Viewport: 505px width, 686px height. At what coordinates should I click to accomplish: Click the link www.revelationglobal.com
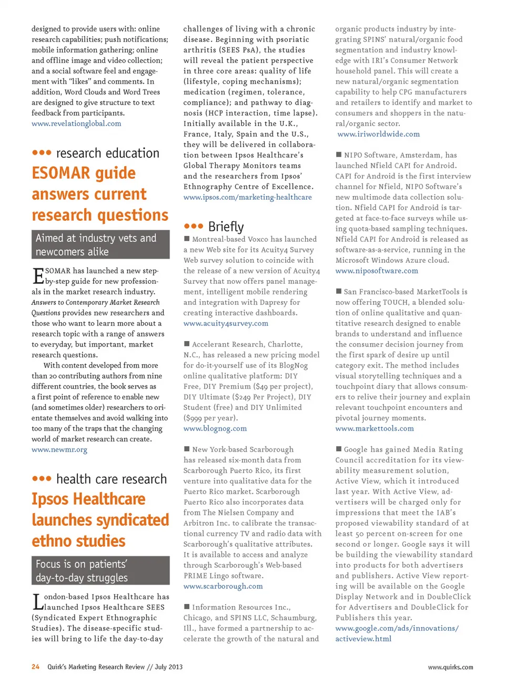click(x=76, y=124)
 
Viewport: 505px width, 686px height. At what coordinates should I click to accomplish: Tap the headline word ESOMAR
click(x=62, y=173)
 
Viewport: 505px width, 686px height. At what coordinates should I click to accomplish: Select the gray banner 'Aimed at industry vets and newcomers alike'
click(x=100, y=244)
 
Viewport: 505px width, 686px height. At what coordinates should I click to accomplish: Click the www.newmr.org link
click(x=59, y=449)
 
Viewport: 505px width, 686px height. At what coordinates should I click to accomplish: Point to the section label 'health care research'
click(x=111, y=479)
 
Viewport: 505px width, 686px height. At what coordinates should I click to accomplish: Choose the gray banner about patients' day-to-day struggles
click(x=100, y=570)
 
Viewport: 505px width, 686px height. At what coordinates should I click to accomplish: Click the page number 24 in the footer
click(x=35, y=667)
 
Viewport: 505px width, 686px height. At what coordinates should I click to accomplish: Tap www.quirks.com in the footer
click(x=450, y=667)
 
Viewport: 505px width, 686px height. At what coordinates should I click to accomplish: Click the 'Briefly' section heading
click(x=226, y=227)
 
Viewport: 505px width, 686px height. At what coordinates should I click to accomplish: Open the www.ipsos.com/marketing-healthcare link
click(x=247, y=197)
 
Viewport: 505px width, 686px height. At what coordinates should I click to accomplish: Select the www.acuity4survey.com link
click(x=226, y=323)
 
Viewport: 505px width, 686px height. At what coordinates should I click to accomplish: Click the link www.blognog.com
click(x=215, y=428)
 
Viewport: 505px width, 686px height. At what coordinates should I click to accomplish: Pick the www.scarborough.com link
click(x=223, y=586)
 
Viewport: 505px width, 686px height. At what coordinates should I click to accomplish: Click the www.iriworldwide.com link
click(x=378, y=134)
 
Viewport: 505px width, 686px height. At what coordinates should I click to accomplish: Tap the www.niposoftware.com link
click(x=377, y=271)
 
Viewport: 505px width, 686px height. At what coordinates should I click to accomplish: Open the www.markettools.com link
click(x=375, y=428)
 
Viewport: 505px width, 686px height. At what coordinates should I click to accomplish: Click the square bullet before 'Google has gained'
click(x=339, y=449)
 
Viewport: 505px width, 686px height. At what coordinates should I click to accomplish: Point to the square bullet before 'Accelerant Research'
click(x=187, y=344)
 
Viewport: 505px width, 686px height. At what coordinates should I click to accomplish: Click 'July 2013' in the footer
click(x=168, y=667)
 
